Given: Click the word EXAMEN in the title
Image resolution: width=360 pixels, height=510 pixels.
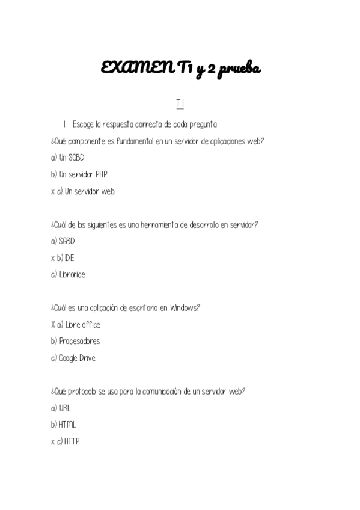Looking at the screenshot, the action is click(x=136, y=69).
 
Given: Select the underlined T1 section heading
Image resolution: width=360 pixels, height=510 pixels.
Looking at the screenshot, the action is click(x=180, y=105).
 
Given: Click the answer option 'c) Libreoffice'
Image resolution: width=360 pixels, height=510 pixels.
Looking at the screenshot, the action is click(x=69, y=275).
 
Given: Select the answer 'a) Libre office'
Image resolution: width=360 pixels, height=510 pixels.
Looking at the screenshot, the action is click(x=79, y=325).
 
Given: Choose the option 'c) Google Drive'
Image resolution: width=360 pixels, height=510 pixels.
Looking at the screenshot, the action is click(x=73, y=358).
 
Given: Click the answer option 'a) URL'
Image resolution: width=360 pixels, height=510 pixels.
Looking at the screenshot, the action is click(x=61, y=408).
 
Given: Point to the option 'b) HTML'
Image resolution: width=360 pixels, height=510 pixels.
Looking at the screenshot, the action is click(x=64, y=425).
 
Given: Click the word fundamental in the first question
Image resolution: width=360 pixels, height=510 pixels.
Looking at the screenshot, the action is click(x=127, y=141).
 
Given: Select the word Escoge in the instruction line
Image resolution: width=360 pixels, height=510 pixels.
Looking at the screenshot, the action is click(x=83, y=124).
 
